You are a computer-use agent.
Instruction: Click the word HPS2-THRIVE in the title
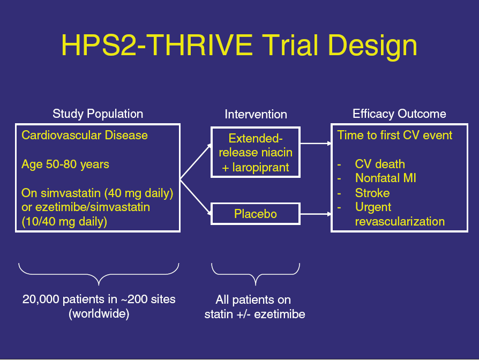pyautogui.click(x=157, y=45)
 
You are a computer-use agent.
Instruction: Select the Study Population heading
pyautogui.click(x=98, y=114)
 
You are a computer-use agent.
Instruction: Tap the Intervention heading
pyautogui.click(x=256, y=114)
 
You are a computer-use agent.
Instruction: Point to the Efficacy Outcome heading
pyautogui.click(x=399, y=114)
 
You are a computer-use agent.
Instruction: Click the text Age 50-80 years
pyautogui.click(x=65, y=164)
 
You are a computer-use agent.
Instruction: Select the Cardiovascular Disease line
pyautogui.click(x=85, y=135)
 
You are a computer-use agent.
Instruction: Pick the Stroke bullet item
pyautogui.click(x=372, y=193)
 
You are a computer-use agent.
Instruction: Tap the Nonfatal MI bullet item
pyautogui.click(x=386, y=178)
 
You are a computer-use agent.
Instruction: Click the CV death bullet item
pyautogui.click(x=380, y=164)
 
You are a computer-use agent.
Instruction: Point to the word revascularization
pyautogui.click(x=400, y=221)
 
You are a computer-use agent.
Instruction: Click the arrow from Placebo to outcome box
pyautogui.click(x=316, y=214)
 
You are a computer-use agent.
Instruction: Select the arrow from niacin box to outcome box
pyautogui.click(x=316, y=143)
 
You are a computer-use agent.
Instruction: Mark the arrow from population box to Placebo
pyautogui.click(x=196, y=197)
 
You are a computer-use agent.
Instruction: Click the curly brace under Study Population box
pyautogui.click(x=99, y=274)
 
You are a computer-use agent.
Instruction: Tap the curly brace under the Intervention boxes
pyautogui.click(x=256, y=274)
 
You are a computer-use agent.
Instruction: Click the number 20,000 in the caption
pyautogui.click(x=41, y=299)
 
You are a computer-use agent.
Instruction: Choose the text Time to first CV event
pyautogui.click(x=394, y=135)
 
